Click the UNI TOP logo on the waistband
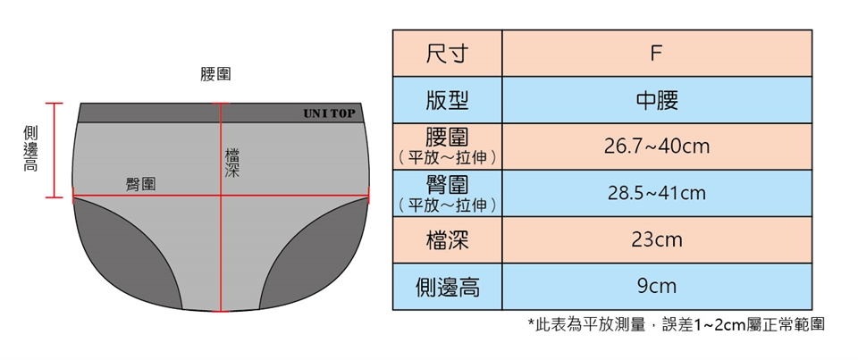328,113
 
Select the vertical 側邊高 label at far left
29,148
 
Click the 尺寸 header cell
447,54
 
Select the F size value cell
656,54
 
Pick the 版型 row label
447,100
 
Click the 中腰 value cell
656,100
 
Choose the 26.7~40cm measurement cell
656,147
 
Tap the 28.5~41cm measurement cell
656,193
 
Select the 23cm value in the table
656,239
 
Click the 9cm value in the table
656,287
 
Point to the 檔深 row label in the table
447,239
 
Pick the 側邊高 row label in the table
447,287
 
